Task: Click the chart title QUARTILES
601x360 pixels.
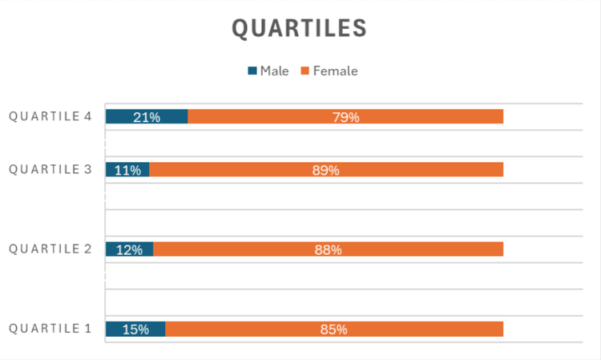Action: click(300, 28)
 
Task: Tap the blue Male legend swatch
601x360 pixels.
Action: click(252, 71)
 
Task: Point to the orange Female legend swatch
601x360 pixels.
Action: click(305, 71)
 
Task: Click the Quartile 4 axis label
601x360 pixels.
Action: click(50, 116)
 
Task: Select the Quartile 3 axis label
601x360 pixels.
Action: click(50, 169)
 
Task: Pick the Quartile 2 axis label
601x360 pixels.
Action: click(50, 249)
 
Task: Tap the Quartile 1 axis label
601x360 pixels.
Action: click(50, 329)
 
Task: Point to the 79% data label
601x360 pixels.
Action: click(345, 117)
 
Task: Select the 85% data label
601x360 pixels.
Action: click(333, 330)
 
